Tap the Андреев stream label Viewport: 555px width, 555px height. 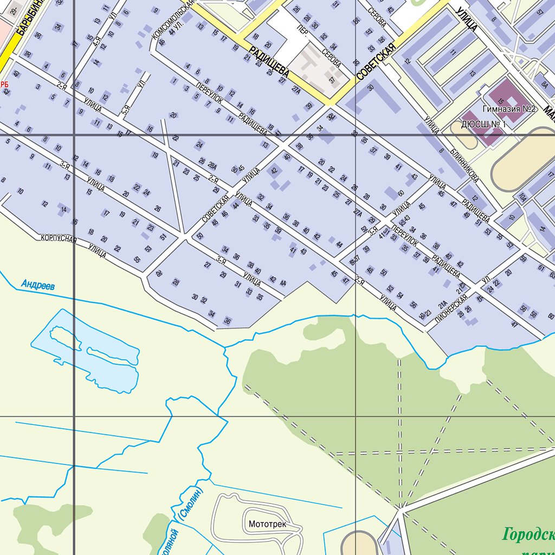38,285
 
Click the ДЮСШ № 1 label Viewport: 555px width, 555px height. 483,125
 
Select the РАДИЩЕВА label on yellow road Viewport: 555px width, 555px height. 269,60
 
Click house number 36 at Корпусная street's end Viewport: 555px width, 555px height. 228,321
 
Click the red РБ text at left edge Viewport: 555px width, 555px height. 5,83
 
